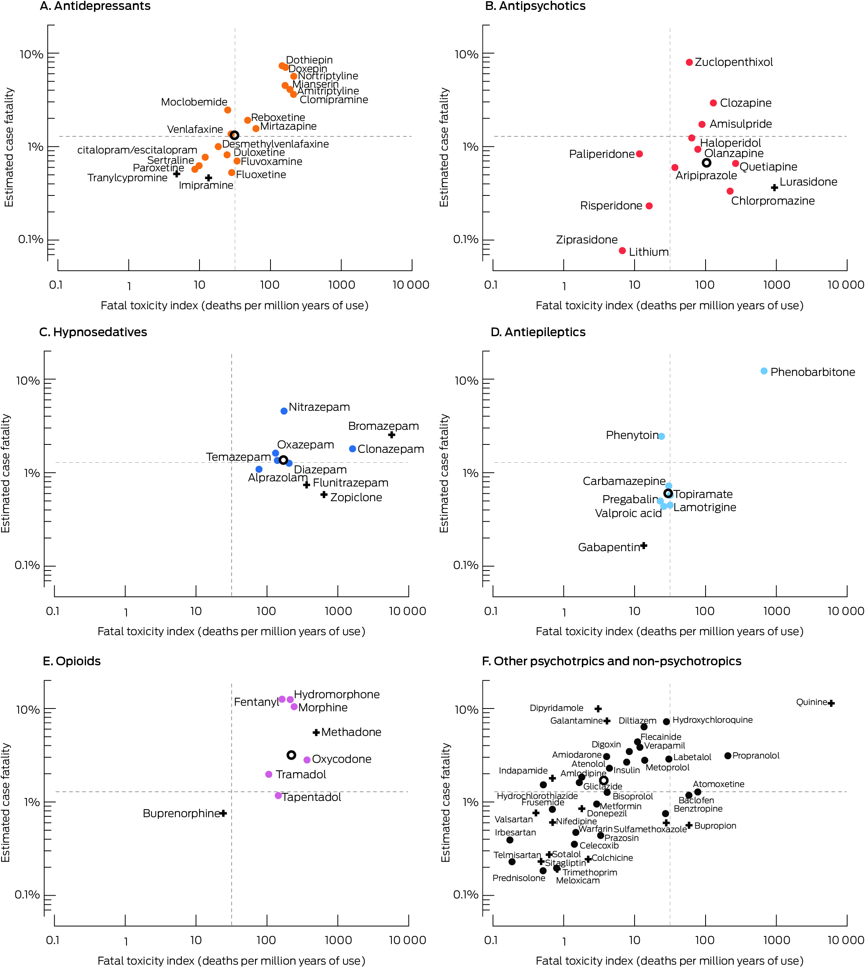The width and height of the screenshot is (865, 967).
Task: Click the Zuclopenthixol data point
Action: pyautogui.click(x=689, y=62)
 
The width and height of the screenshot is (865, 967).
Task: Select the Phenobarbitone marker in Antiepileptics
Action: pyautogui.click(x=764, y=371)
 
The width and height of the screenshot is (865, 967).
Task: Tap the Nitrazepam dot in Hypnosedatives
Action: pyautogui.click(x=284, y=411)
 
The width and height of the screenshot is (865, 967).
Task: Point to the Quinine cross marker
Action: pyautogui.click(x=831, y=703)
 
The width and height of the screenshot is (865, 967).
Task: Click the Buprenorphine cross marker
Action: pyautogui.click(x=223, y=813)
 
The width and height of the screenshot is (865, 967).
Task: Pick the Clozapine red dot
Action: pyautogui.click(x=713, y=103)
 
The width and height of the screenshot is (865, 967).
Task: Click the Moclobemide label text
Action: pyautogui.click(x=194, y=102)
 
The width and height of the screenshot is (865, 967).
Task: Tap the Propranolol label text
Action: pyautogui.click(x=756, y=756)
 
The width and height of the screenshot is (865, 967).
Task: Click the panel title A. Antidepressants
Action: pyautogui.click(x=95, y=6)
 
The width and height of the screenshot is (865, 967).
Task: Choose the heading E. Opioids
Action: pyautogui.click(x=72, y=661)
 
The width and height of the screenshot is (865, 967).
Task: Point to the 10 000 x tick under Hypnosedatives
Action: pyautogui.click(x=407, y=611)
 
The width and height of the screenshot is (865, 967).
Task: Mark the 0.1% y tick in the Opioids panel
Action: pyautogui.click(x=27, y=895)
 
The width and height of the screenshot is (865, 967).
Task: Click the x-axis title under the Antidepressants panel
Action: pyautogui.click(x=234, y=306)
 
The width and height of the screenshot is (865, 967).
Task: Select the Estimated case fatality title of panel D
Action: pyautogui.click(x=444, y=473)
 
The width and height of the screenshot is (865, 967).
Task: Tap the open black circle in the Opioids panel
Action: pyautogui.click(x=292, y=755)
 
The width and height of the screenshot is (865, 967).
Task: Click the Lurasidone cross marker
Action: pyautogui.click(x=774, y=187)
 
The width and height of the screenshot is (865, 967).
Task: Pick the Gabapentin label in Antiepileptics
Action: pyautogui.click(x=608, y=548)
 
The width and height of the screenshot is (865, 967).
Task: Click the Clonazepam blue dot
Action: pyautogui.click(x=352, y=449)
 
